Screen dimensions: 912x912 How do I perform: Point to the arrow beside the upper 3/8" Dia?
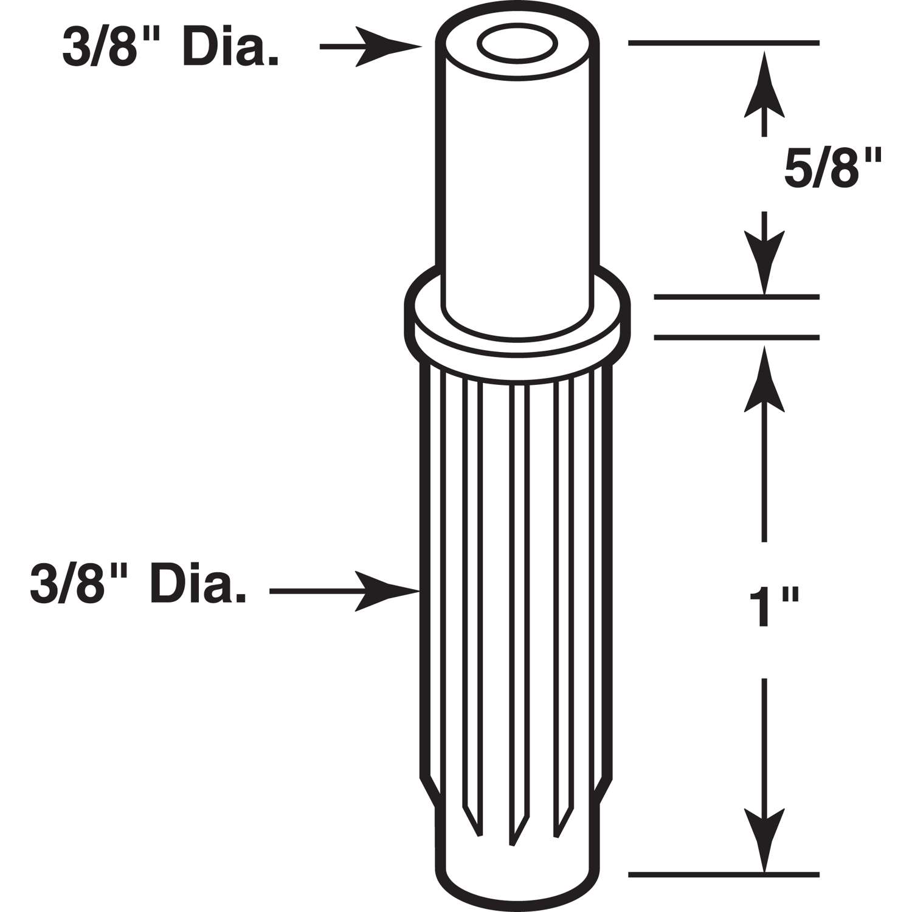tap(371, 46)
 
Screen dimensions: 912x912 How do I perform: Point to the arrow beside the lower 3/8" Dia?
tap(344, 590)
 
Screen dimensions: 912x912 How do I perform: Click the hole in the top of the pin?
tap(516, 43)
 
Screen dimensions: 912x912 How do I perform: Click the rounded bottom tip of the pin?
tap(517, 876)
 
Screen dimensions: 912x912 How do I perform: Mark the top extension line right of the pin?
tap(724, 43)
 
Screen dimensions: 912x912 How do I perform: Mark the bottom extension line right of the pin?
tap(724, 875)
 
